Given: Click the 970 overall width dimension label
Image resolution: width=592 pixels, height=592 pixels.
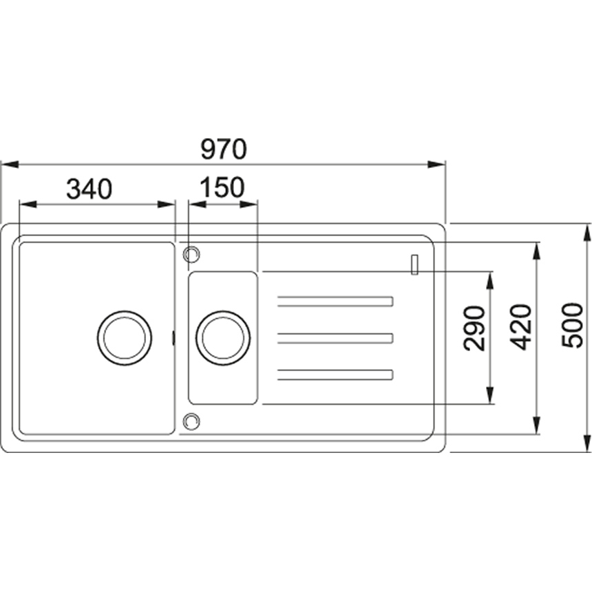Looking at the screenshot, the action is pos(224,149).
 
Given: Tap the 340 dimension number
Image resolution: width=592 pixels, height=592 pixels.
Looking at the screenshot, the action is pos(89,189).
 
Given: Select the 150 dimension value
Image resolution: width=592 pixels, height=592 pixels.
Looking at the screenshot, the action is pos(222,187).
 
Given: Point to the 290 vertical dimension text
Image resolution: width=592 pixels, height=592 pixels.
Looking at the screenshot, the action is pos(474,328).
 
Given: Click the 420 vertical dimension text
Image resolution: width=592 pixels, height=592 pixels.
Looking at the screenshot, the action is pos(520,327).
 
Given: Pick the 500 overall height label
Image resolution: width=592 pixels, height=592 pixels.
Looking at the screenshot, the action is pos(572,326).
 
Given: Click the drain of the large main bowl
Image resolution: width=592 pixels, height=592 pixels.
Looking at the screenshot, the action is pos(125,338).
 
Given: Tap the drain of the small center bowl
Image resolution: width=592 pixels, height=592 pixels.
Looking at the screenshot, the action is pos(223,338).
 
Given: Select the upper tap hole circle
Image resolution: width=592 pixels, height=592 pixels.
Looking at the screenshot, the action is pos(191,254).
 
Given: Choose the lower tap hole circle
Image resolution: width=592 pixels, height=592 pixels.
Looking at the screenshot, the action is pos(191,421).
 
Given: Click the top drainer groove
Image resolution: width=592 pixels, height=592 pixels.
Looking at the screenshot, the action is pos(335,302).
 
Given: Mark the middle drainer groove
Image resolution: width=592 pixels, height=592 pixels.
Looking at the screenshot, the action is pos(335,338).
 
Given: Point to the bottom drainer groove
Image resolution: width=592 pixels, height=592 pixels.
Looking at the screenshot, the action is pos(335,374).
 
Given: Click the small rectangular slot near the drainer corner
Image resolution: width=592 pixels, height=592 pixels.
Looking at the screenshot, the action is pos(414,264).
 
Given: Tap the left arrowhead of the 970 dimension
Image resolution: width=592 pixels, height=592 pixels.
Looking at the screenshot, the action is pos(10,165).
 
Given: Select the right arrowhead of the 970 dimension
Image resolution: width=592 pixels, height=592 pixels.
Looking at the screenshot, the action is pos(437,165).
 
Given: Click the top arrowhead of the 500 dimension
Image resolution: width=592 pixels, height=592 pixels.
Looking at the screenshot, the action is pos(587,233).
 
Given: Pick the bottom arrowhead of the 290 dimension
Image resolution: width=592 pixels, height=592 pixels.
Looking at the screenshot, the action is pos(490,395).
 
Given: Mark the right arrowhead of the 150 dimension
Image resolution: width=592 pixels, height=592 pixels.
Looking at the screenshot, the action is pos(249,204).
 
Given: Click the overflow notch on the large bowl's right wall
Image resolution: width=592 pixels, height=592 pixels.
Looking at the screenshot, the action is pos(173,338).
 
